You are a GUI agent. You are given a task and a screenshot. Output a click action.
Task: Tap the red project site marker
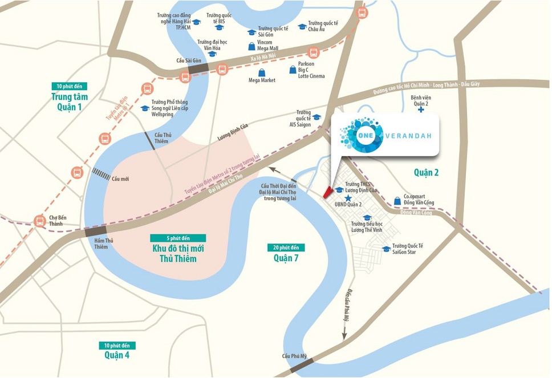point(327,192)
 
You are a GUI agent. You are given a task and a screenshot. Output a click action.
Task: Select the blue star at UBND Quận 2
point(347,198)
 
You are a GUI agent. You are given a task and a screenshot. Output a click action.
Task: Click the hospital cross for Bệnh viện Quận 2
point(421,109)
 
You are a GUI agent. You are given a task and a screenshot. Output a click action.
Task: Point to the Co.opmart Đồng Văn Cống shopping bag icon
point(397,201)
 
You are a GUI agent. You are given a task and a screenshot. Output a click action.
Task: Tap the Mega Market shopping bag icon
point(262,72)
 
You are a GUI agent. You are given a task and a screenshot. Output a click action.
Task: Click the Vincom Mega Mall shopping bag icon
point(251,46)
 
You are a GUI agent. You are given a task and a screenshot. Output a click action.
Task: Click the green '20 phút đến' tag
point(286,247)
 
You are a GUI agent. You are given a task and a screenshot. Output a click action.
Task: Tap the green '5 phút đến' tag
point(178,238)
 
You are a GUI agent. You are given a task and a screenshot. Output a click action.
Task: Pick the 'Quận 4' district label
point(117,355)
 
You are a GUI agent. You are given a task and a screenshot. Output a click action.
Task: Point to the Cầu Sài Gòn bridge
point(198,68)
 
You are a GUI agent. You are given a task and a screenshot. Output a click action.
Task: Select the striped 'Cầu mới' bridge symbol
point(102,174)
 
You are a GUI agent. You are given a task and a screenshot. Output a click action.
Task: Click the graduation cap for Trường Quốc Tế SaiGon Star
point(386,249)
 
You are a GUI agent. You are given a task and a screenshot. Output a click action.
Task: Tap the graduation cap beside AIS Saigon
point(316,117)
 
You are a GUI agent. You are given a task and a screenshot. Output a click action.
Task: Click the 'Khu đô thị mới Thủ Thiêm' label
point(178,254)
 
